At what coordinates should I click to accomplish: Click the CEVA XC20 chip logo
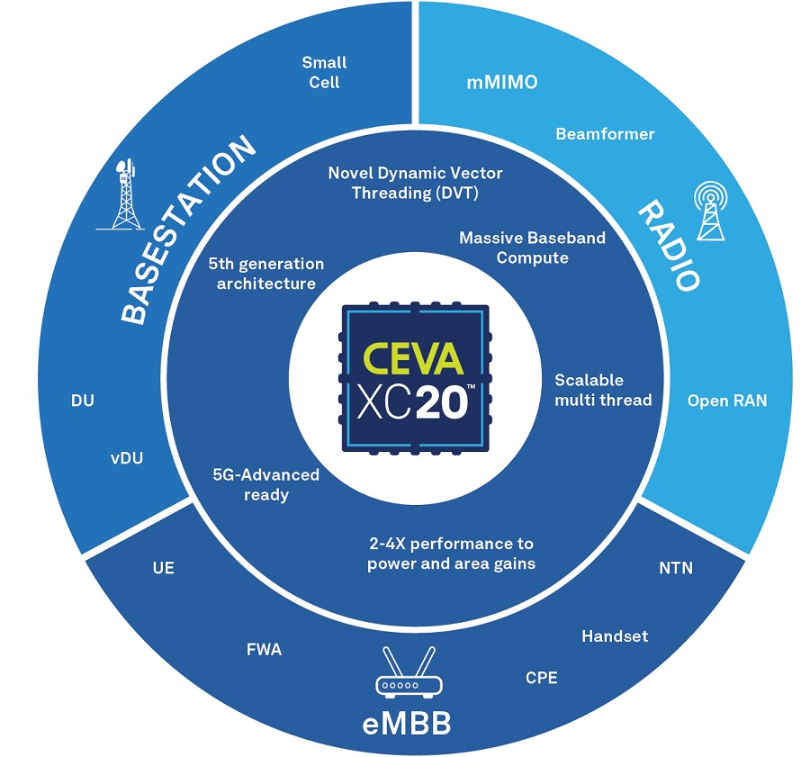(415, 379)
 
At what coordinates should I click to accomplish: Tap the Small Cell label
(324, 72)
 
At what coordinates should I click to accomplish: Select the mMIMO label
(502, 82)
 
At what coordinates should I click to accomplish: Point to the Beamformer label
(605, 134)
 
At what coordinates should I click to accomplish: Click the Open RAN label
(727, 401)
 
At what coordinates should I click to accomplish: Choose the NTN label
(676, 568)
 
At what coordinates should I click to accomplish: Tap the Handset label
(615, 636)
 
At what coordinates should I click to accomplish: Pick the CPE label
(542, 678)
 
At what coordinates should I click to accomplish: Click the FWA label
(264, 650)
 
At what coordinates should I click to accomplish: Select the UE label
(163, 568)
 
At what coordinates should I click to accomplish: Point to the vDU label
(127, 458)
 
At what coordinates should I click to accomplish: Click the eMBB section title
(407, 724)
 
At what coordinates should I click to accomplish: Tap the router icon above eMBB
(409, 672)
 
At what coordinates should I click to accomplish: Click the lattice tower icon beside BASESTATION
(122, 194)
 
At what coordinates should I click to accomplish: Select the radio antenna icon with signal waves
(711, 211)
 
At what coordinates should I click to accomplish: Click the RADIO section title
(670, 246)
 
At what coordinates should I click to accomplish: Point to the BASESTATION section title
(187, 230)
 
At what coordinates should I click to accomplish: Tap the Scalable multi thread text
(603, 390)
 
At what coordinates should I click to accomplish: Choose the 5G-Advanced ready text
(266, 484)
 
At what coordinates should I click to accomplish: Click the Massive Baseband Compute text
(532, 248)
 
